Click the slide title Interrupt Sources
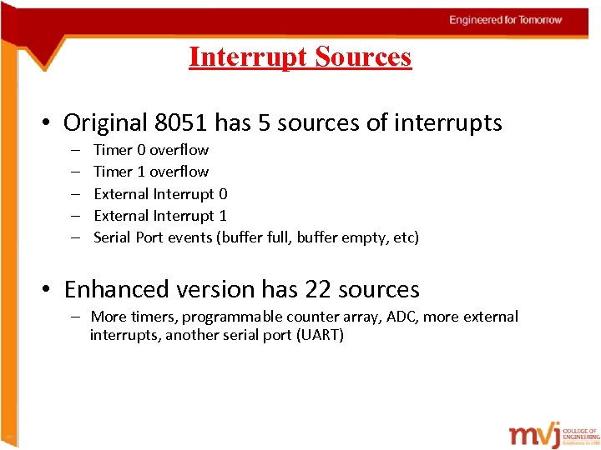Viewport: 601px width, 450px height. click(x=300, y=57)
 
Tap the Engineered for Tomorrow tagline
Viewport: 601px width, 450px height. click(x=505, y=20)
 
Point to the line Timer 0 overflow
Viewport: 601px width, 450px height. click(x=151, y=150)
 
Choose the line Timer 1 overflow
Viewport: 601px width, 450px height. click(x=151, y=172)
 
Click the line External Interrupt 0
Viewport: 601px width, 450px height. click(x=160, y=194)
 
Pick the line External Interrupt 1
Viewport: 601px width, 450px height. click(x=160, y=216)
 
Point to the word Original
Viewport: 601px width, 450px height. click(x=106, y=123)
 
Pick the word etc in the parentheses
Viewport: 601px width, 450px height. click(x=404, y=237)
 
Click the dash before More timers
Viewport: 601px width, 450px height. click(x=75, y=317)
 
